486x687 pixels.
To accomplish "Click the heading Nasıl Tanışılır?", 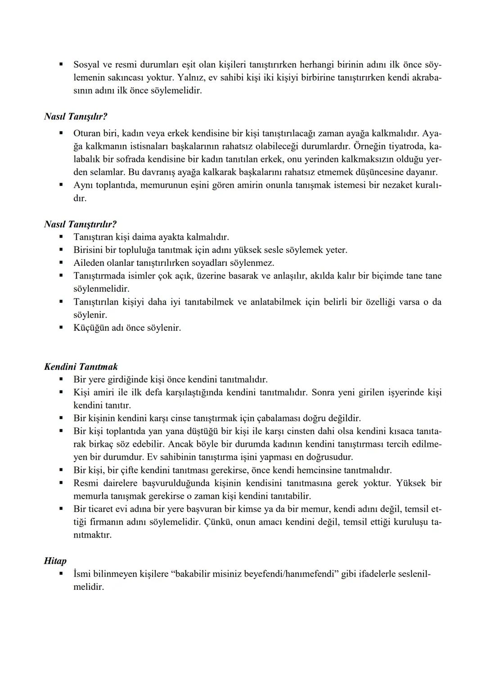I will tap(76, 117).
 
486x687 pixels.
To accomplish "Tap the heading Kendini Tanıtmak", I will tap(81, 367).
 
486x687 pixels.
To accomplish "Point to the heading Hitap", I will tap(55, 561).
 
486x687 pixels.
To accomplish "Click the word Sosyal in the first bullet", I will tap(87, 65).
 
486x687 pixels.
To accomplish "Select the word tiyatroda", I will tap(409, 147).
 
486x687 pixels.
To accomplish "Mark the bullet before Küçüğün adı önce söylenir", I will tap(61, 327).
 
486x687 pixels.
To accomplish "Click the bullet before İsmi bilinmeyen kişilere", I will tap(61, 574).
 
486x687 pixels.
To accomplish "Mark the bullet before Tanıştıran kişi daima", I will tap(61, 236).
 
